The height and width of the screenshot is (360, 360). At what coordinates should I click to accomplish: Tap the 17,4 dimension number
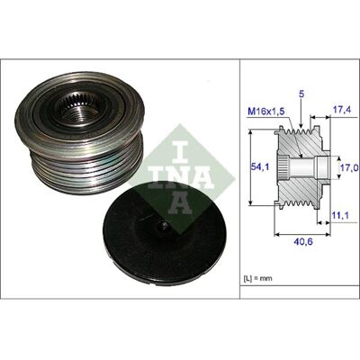pyautogui.click(x=342, y=110)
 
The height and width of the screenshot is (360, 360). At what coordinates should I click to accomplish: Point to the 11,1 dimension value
pyautogui.click(x=340, y=215)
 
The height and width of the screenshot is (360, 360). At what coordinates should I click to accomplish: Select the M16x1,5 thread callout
pyautogui.click(x=266, y=112)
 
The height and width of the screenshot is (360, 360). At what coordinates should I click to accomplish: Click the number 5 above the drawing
pyautogui.click(x=301, y=94)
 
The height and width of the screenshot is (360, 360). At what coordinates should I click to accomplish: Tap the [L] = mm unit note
pyautogui.click(x=257, y=278)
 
